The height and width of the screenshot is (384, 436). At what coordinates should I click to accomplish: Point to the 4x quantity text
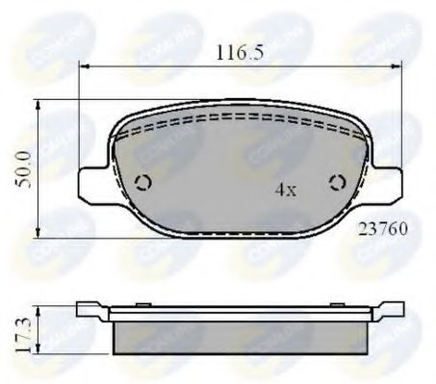click(x=285, y=190)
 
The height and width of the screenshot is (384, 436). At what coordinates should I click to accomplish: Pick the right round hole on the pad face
click(x=337, y=182)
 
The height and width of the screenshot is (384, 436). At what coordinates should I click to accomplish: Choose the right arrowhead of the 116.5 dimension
click(x=398, y=67)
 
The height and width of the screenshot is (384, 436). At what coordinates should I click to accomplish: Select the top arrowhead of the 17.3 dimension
click(x=37, y=309)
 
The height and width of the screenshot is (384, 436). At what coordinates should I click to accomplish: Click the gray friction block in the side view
click(x=240, y=336)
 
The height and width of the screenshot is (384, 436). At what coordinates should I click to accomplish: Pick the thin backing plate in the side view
click(x=240, y=314)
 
